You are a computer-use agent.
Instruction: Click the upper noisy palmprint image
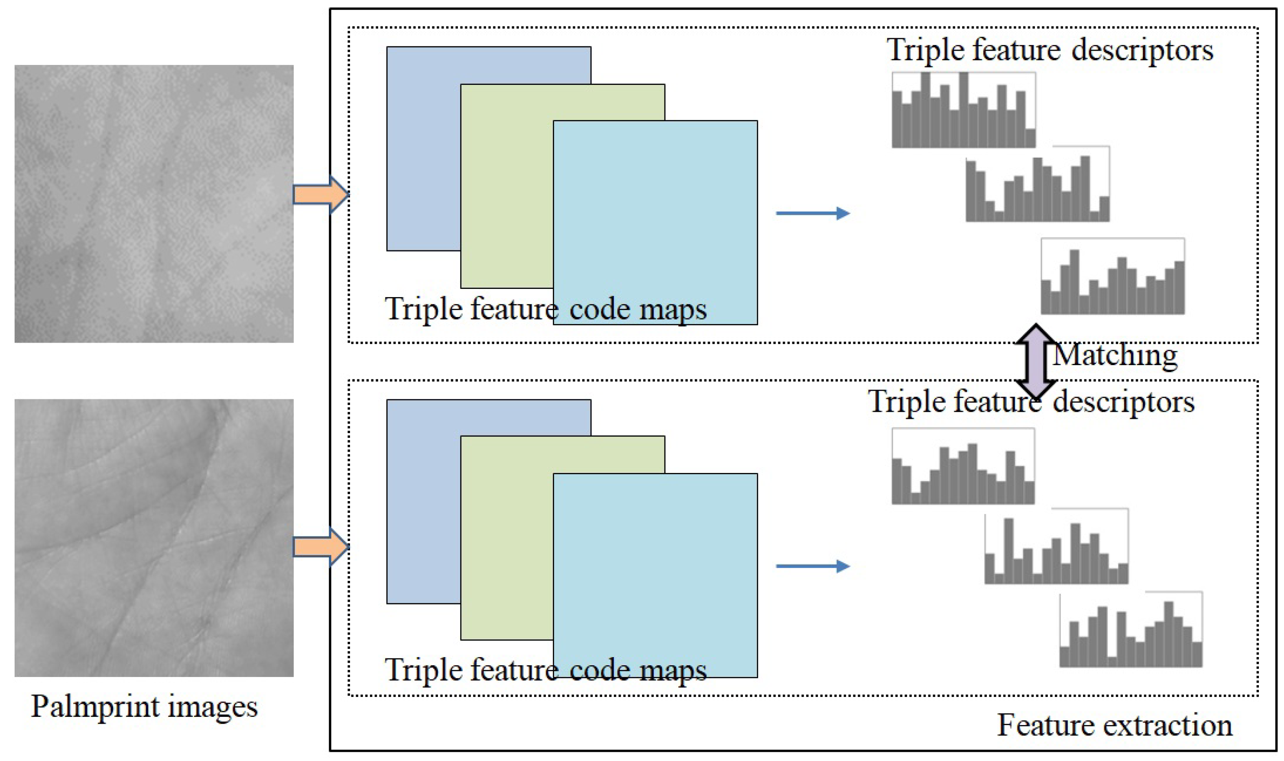click(154, 204)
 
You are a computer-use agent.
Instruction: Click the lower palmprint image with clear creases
click(154, 538)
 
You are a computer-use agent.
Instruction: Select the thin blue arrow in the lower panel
click(812, 566)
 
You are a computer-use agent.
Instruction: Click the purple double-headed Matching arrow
click(1036, 362)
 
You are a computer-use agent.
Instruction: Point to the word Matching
click(1115, 355)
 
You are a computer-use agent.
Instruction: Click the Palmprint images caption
click(144, 707)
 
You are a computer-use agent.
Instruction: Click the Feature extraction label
click(1114, 725)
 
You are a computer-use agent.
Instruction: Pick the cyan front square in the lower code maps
click(655, 564)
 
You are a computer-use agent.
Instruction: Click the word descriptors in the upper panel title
click(1142, 51)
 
